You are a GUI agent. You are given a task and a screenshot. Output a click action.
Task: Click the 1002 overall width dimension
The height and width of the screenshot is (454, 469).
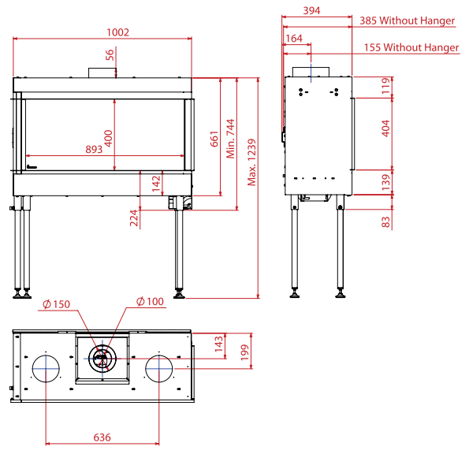pos(118,32)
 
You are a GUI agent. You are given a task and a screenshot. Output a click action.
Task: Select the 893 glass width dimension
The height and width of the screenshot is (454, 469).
pos(94,149)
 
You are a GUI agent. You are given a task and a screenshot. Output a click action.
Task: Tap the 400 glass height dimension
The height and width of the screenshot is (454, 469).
pos(108,138)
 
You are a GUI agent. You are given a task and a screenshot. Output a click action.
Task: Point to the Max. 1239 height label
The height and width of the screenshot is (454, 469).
pos(252,162)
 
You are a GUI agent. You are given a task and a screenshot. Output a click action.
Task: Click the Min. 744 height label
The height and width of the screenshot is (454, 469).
pos(231,139)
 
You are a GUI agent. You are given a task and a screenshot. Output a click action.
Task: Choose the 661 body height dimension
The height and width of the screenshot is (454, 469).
pos(214,139)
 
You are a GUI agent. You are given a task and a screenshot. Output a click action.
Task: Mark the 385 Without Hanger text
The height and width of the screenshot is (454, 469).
pos(407,20)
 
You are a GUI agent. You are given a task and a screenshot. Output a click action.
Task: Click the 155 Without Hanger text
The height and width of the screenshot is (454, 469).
pos(411,47)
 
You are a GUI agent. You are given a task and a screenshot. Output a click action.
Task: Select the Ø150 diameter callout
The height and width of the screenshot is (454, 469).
pos(56,304)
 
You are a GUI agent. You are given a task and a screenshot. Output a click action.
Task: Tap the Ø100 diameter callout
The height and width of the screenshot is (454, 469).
pos(150,301)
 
